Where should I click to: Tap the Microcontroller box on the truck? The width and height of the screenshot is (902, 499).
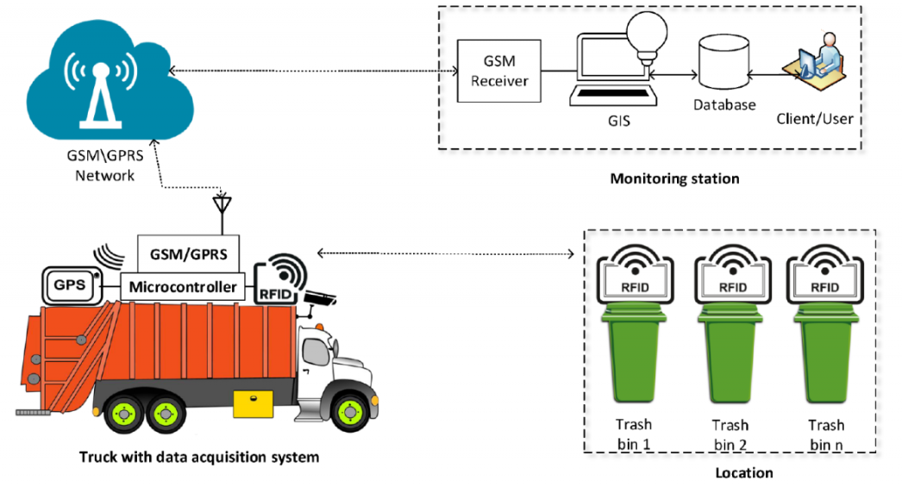(x=183, y=286)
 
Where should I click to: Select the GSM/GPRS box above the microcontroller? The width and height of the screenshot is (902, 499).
(x=188, y=255)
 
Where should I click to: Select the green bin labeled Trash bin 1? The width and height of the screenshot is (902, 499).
(x=633, y=357)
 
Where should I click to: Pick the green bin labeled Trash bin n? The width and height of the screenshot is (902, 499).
(x=826, y=357)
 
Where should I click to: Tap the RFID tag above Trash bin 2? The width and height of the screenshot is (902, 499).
(x=731, y=273)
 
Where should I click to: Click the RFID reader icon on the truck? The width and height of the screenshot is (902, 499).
(x=281, y=281)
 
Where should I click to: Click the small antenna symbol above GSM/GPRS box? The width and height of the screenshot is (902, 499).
(x=222, y=207)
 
